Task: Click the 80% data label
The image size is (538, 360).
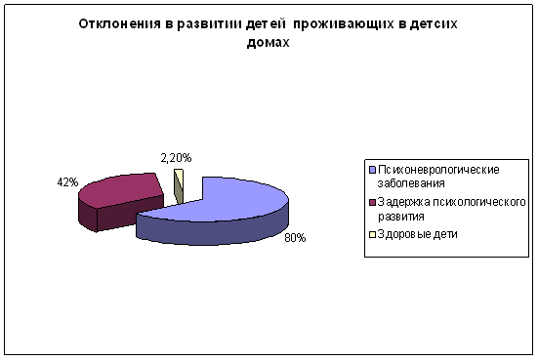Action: coord(295,238)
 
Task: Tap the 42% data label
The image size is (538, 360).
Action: coord(67,182)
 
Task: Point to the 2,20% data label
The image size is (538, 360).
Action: coord(176,158)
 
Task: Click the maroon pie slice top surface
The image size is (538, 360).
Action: coord(120,190)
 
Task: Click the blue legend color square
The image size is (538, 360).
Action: coord(373,170)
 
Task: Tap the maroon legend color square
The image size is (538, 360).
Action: coord(373,202)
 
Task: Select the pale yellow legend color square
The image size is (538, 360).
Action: coord(373,234)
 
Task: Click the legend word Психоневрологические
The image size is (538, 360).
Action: coord(438,170)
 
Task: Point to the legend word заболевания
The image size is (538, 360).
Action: coord(411,183)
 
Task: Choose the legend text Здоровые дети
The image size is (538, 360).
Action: coord(418,234)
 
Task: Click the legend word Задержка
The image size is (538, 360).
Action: coord(403,202)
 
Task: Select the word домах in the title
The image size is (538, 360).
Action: coord(268,42)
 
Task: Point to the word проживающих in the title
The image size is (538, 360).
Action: coord(344,24)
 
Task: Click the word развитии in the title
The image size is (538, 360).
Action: coord(210,24)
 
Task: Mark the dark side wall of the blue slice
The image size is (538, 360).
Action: coord(213,229)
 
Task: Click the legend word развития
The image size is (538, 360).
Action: coord(401,217)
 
